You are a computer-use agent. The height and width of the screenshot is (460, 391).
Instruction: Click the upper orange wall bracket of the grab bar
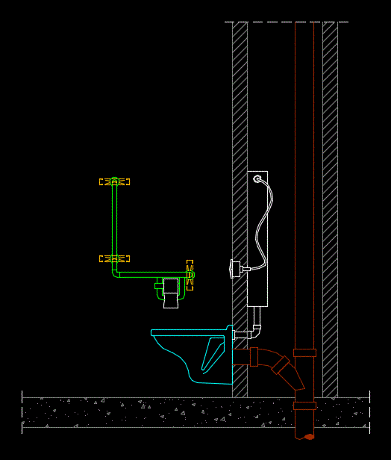pyautogui.click(x=114, y=181)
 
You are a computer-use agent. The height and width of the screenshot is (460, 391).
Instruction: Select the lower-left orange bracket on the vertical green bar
pyautogui.click(x=114, y=258)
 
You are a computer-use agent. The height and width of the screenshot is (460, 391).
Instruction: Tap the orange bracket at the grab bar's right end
pyautogui.click(x=190, y=275)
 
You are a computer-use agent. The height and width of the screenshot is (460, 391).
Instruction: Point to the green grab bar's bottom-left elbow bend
pyautogui.click(x=116, y=273)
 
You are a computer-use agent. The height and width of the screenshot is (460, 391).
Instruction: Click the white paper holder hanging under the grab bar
pyautogui.click(x=172, y=292)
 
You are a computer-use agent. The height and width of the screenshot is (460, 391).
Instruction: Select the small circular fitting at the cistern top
pyautogui.click(x=257, y=179)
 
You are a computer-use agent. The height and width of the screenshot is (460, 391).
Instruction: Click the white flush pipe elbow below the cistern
pyautogui.click(x=257, y=326)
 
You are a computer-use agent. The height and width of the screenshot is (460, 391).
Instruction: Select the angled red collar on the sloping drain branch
pyautogui.click(x=282, y=365)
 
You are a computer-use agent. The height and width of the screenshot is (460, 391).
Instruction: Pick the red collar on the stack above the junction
pyautogui.click(x=304, y=352)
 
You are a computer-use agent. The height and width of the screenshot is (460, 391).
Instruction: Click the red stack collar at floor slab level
pyautogui.click(x=304, y=405)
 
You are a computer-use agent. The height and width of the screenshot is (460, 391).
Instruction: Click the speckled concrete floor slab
pyautogui.click(x=149, y=412)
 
